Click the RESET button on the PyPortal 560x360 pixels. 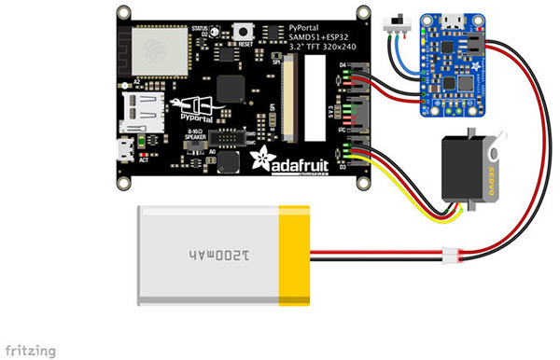(246, 31)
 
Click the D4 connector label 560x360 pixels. (343, 65)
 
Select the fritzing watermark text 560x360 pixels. (28, 351)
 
